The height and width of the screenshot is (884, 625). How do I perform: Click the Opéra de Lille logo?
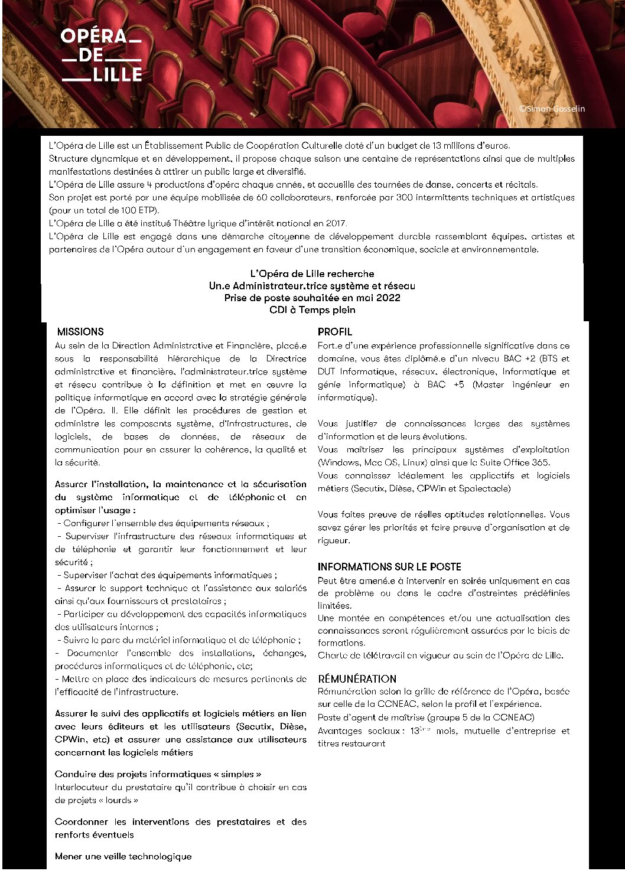tap(101, 55)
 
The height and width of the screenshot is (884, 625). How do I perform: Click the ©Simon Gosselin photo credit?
tap(552, 109)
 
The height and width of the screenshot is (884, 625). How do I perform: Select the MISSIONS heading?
tap(80, 332)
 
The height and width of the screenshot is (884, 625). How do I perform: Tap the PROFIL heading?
tap(334, 332)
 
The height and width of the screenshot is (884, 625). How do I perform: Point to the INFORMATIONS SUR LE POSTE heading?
tap(389, 567)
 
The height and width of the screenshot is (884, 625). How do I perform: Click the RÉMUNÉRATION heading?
tap(357, 679)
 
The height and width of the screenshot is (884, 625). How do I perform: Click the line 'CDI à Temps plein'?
tap(312, 310)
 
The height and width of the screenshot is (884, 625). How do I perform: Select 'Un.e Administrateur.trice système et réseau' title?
tap(312, 286)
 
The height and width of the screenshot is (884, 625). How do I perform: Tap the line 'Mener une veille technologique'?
tap(123, 856)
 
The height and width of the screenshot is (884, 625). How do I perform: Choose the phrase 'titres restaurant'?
tap(351, 743)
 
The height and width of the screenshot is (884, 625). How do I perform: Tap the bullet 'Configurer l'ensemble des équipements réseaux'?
tap(166, 523)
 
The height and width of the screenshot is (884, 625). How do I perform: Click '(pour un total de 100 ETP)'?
tap(104, 210)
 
